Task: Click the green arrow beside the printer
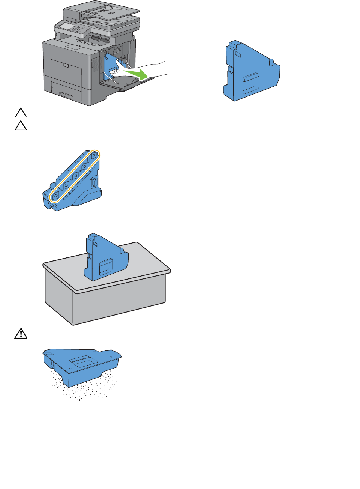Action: coord(136,73)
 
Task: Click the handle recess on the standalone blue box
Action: coord(250,83)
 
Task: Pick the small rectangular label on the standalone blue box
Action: coord(237,55)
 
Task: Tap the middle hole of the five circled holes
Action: coord(75,175)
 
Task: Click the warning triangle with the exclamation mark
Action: coord(21,334)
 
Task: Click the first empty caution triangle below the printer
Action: coord(21,113)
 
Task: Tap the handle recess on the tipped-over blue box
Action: coord(84,362)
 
